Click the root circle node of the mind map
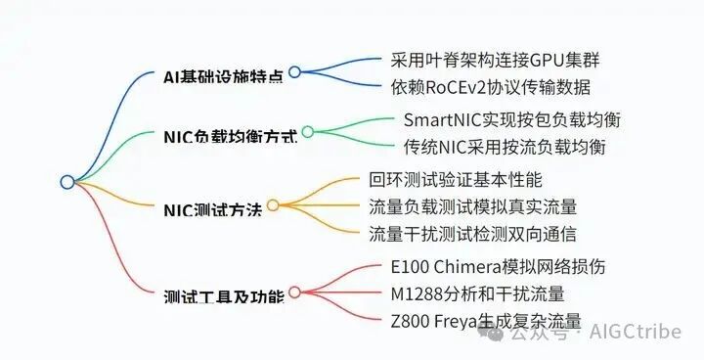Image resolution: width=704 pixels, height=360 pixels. point(67,182)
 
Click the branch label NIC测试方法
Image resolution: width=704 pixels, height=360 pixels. point(212,208)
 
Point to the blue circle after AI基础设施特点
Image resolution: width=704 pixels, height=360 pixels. point(294,71)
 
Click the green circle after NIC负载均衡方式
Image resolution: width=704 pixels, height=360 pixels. point(307,131)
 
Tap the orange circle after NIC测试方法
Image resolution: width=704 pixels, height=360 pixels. point(273,205)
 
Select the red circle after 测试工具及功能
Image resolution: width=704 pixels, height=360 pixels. point(294,292)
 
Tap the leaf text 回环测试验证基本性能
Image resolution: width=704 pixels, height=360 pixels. point(456,180)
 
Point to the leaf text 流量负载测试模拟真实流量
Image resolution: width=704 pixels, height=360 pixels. point(472,206)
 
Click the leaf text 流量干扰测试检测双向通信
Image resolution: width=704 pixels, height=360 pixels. point(472,234)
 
